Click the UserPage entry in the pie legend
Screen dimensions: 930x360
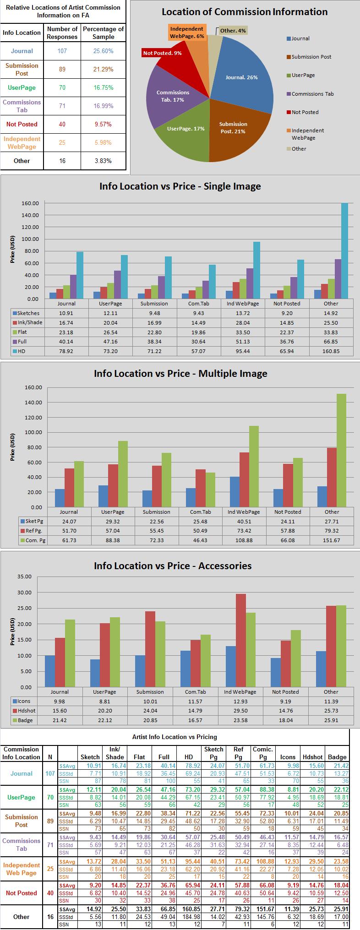pyautogui.click(x=303, y=75)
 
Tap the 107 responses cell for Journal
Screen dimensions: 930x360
pyautogui.click(x=62, y=51)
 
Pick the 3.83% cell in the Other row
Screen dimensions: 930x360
pyautogui.click(x=103, y=161)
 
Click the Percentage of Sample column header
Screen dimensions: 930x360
pyautogui.click(x=103, y=33)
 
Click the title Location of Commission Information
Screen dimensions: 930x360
pyautogui.click(x=245, y=12)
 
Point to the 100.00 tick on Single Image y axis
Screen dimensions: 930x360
pyautogui.click(x=30, y=239)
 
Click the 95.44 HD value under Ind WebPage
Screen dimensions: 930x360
pyautogui.click(x=243, y=351)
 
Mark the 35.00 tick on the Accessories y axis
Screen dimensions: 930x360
pyautogui.click(x=24, y=576)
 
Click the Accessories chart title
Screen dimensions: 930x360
pyautogui.click(x=173, y=566)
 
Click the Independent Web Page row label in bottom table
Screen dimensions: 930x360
pyautogui.click(x=21, y=869)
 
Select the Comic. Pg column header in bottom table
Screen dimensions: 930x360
pyautogui.click(x=263, y=753)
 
